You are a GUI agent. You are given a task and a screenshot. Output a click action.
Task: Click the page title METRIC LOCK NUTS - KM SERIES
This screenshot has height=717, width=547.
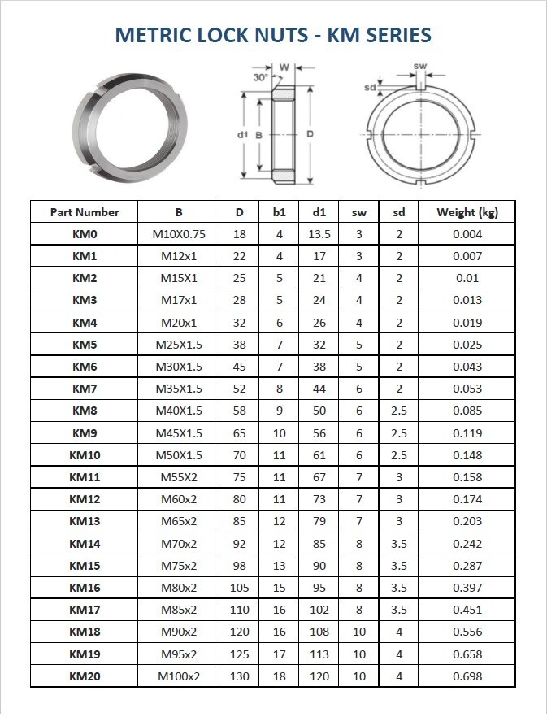click(x=273, y=35)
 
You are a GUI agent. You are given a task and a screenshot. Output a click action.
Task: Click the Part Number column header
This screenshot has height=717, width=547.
click(x=85, y=212)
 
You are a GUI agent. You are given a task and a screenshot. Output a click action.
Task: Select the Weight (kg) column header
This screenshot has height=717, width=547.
click(x=467, y=212)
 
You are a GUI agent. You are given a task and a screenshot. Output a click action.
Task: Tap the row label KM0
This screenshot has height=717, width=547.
click(x=85, y=234)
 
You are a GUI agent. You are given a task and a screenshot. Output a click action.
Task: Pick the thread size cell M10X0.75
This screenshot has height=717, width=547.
click(x=179, y=234)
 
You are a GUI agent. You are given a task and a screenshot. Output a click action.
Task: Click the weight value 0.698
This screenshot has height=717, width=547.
click(x=467, y=676)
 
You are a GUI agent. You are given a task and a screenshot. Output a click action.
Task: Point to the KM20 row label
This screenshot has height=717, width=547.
click(x=85, y=676)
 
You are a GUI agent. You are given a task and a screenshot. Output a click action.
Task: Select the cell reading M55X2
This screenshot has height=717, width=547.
click(x=179, y=477)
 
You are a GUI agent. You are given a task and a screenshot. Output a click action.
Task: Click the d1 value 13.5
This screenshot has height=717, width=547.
click(x=319, y=234)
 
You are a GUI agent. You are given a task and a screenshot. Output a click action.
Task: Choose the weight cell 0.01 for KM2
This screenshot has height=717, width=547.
click(x=467, y=278)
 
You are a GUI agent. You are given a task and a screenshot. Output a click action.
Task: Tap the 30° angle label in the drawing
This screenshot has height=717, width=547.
click(x=260, y=77)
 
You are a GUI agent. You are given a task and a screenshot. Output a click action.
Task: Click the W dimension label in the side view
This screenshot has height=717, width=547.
click(x=284, y=67)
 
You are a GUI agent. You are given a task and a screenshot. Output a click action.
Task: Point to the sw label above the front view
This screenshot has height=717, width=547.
click(x=420, y=66)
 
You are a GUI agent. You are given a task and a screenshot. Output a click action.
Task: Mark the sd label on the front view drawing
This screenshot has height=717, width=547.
click(x=371, y=87)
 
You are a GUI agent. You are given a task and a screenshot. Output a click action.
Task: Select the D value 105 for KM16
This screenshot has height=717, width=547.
click(x=239, y=588)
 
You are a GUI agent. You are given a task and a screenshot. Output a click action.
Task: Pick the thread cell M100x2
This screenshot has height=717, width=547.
click(x=179, y=676)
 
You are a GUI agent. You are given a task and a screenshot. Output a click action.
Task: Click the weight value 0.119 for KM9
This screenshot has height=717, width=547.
click(x=467, y=433)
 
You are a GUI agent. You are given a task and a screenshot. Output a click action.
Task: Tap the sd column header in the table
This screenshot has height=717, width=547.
click(x=399, y=212)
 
